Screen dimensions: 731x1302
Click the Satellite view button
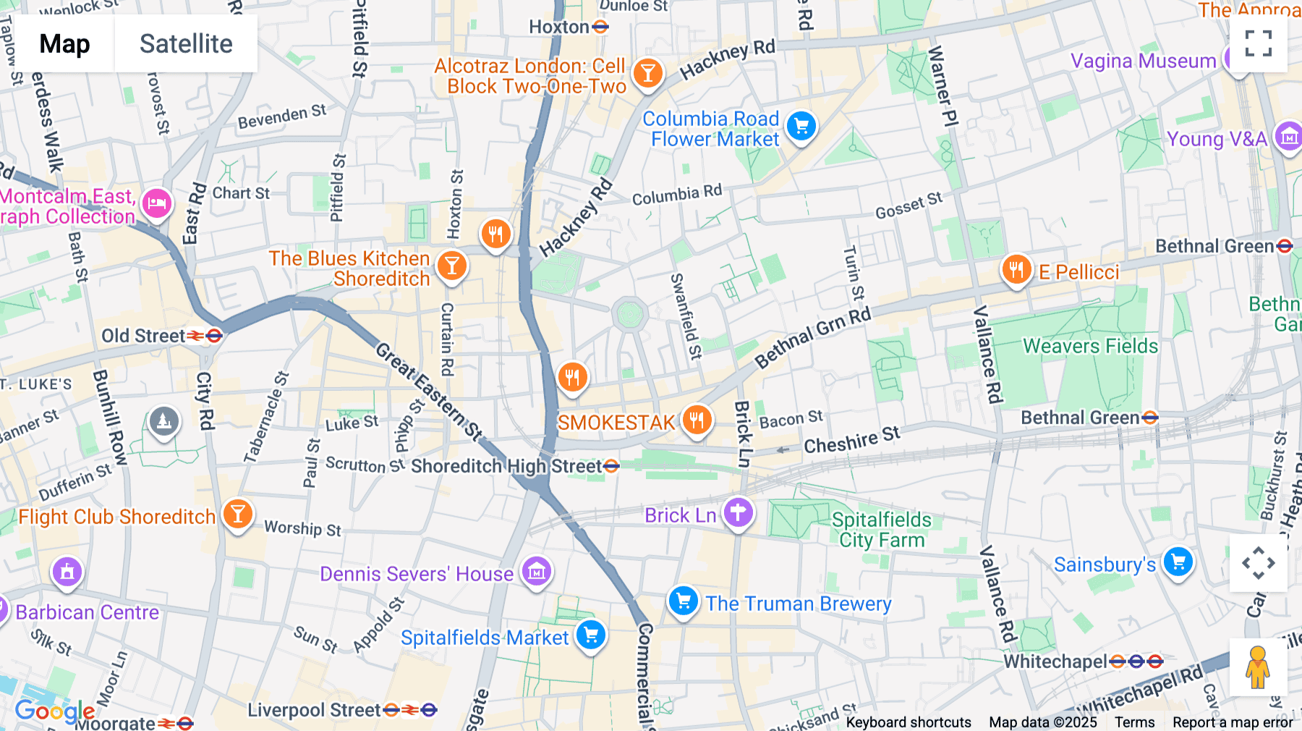click(186, 43)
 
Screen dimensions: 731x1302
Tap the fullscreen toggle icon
click(1258, 43)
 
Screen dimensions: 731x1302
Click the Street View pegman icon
click(1258, 667)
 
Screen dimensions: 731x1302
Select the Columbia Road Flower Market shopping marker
click(801, 127)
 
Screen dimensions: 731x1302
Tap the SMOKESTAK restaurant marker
click(697, 419)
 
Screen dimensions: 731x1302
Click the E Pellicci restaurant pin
click(1016, 270)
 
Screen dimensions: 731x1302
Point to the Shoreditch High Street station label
click(506, 466)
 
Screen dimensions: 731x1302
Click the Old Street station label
click(143, 336)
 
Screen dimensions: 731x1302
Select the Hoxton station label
click(559, 28)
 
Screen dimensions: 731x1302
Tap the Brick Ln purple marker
click(738, 513)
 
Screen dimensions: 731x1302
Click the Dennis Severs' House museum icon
click(536, 572)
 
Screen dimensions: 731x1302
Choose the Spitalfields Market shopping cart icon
click(591, 635)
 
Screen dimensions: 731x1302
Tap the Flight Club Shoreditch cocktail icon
click(237, 514)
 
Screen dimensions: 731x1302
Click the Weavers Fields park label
click(1090, 346)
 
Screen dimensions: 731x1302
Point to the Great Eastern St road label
click(428, 392)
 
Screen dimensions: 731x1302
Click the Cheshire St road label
click(851, 440)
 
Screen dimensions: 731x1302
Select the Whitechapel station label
click(1055, 662)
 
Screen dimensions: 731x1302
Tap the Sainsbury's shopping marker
click(1178, 562)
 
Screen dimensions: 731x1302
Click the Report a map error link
click(1233, 722)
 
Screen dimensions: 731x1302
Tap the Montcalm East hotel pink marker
click(156, 204)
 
